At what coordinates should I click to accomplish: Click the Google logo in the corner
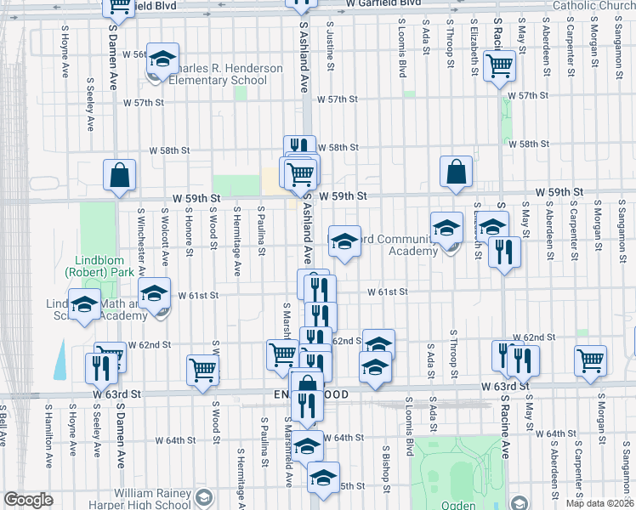coord(28,500)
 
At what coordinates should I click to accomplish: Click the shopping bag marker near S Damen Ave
coord(120,175)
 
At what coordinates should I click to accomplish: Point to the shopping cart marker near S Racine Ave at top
coord(499,65)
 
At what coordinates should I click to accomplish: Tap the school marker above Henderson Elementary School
coord(162,59)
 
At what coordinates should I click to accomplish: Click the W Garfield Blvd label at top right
coord(383,3)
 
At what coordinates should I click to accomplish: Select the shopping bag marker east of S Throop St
coord(457,172)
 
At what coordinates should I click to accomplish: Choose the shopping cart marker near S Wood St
coord(203,370)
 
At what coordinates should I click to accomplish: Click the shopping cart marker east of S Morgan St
coord(590,360)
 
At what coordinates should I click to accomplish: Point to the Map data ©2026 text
coord(599,503)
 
